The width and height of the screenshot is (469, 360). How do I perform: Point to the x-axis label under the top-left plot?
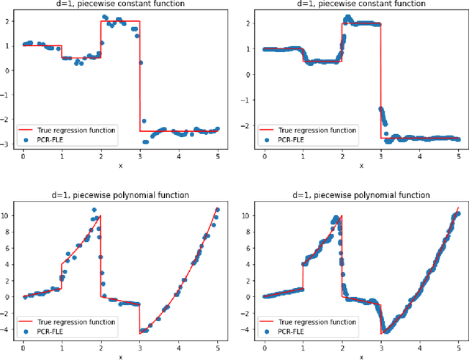coord(120,166)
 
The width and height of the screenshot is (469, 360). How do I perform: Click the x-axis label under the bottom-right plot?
coord(361,357)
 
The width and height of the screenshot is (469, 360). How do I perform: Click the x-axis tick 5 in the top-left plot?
coord(217,156)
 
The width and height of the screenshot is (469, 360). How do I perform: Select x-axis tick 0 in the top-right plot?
coord(265,156)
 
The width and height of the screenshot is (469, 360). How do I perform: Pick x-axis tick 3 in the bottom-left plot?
coord(139,347)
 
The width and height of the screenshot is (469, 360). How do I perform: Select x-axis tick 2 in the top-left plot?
coord(100,156)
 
